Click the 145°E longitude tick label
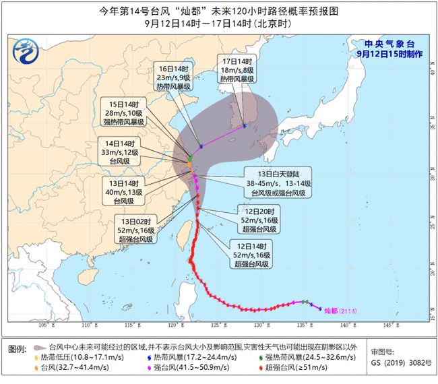[x=389, y=325]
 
